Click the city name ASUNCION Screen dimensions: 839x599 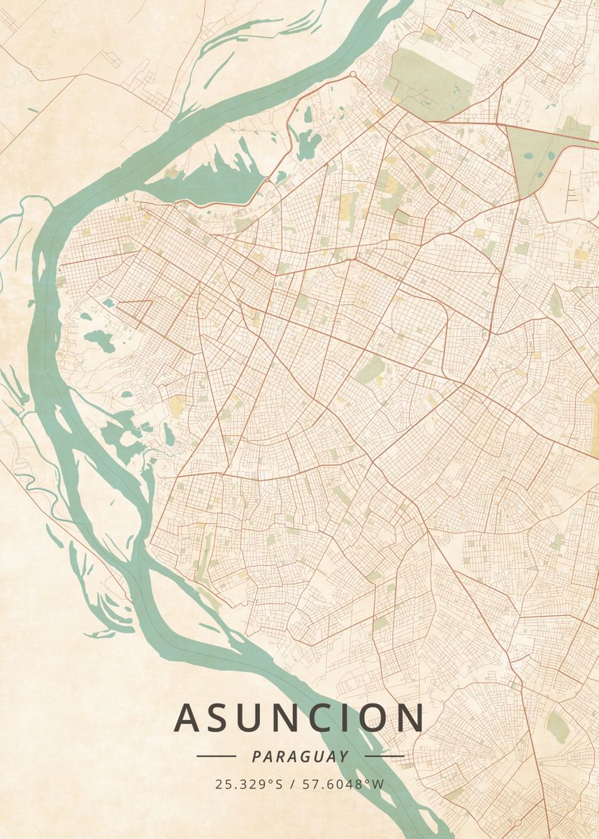coord(299,718)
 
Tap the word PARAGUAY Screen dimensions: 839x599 coord(300,756)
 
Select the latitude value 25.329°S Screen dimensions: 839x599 coord(249,784)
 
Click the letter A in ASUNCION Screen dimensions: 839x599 coord(187,718)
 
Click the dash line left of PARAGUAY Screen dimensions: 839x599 coord(216,756)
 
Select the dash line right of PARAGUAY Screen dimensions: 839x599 coord(384,756)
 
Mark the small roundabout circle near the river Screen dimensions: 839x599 coord(352,73)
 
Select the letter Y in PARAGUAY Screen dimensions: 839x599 coord(343,756)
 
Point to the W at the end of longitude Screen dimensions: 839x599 coord(379,784)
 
